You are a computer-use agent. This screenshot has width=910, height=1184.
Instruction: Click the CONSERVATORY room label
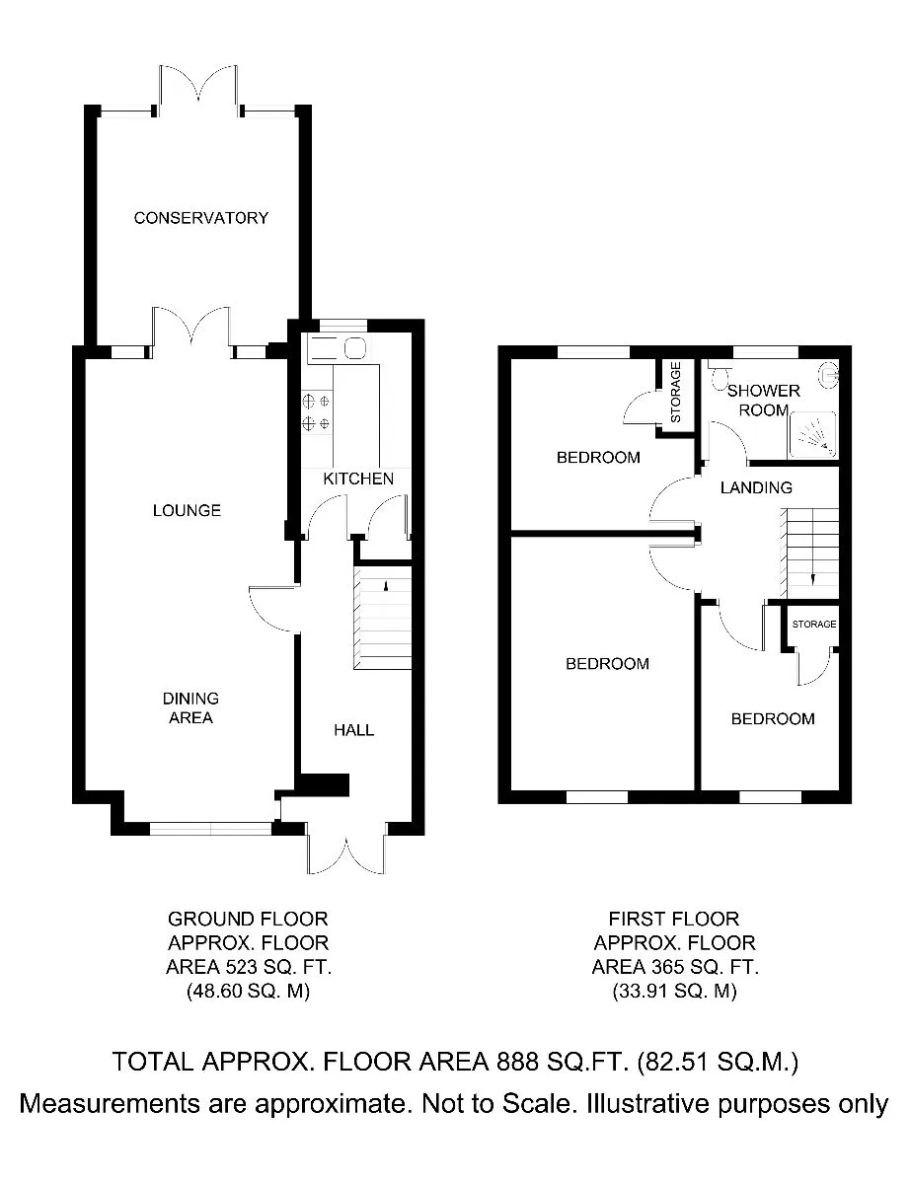tap(201, 218)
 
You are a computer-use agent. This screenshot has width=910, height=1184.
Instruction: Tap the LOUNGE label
tap(187, 510)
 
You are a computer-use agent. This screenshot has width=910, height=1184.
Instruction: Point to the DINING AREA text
tap(190, 707)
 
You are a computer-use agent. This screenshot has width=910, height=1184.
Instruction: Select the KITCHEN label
tap(358, 479)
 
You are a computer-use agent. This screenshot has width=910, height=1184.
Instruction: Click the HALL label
tap(354, 730)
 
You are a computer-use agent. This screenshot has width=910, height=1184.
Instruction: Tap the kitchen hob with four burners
tap(317, 412)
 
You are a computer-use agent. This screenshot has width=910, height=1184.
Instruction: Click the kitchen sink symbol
tap(337, 348)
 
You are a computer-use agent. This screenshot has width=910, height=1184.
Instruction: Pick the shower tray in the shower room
tap(812, 435)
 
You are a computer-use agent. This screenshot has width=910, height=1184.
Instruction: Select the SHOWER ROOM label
tap(763, 401)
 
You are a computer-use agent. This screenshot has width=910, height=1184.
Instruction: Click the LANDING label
tap(756, 487)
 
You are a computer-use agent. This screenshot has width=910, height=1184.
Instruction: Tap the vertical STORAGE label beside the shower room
tap(676, 393)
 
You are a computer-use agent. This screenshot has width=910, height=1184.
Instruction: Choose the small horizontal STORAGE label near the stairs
tap(814, 624)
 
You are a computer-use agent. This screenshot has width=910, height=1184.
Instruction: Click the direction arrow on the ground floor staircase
tap(386, 586)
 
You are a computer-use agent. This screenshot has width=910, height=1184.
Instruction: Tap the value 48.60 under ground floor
tap(215, 990)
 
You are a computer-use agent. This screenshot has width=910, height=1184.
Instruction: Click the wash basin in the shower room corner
tap(829, 374)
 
